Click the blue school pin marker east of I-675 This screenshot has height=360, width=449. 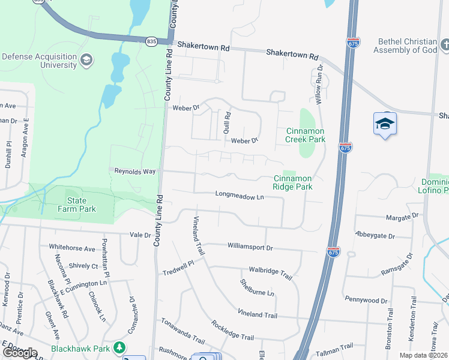[x=385, y=124]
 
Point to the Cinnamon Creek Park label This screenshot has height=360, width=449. [x=305, y=135]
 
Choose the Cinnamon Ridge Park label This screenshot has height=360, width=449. [x=293, y=182]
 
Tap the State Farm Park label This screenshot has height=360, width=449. [x=82, y=205]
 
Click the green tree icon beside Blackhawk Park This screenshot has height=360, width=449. [x=120, y=347]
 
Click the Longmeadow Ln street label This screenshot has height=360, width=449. [x=240, y=196]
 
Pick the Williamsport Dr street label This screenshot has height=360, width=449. [x=250, y=247]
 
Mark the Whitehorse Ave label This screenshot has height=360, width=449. [x=72, y=248]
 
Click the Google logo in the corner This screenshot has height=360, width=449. [x=20, y=353]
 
